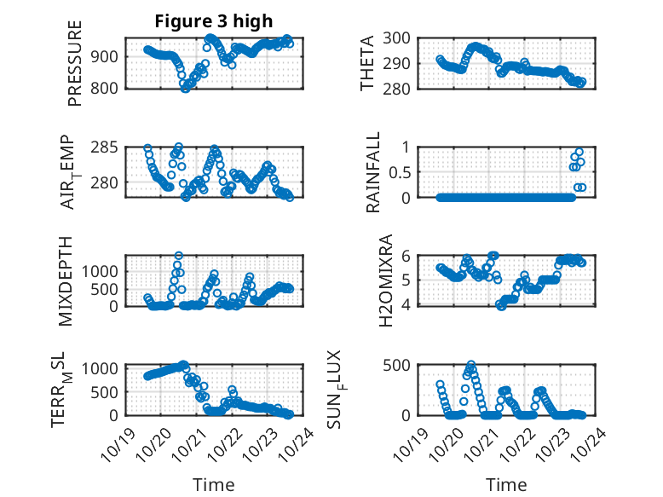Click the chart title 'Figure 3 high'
click(213, 21)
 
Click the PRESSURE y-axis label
click(76, 64)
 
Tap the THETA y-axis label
click(367, 64)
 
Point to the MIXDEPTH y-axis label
click(66, 282)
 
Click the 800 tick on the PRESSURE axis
click(112, 88)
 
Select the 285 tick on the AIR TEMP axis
click(112, 147)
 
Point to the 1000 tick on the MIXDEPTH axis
click(106, 270)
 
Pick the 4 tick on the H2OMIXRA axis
click(407, 305)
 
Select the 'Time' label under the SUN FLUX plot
click(506, 484)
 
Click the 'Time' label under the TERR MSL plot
click(213, 484)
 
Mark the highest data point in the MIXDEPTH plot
click(179, 255)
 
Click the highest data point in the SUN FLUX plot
click(471, 364)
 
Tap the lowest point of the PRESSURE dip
click(185, 88)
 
